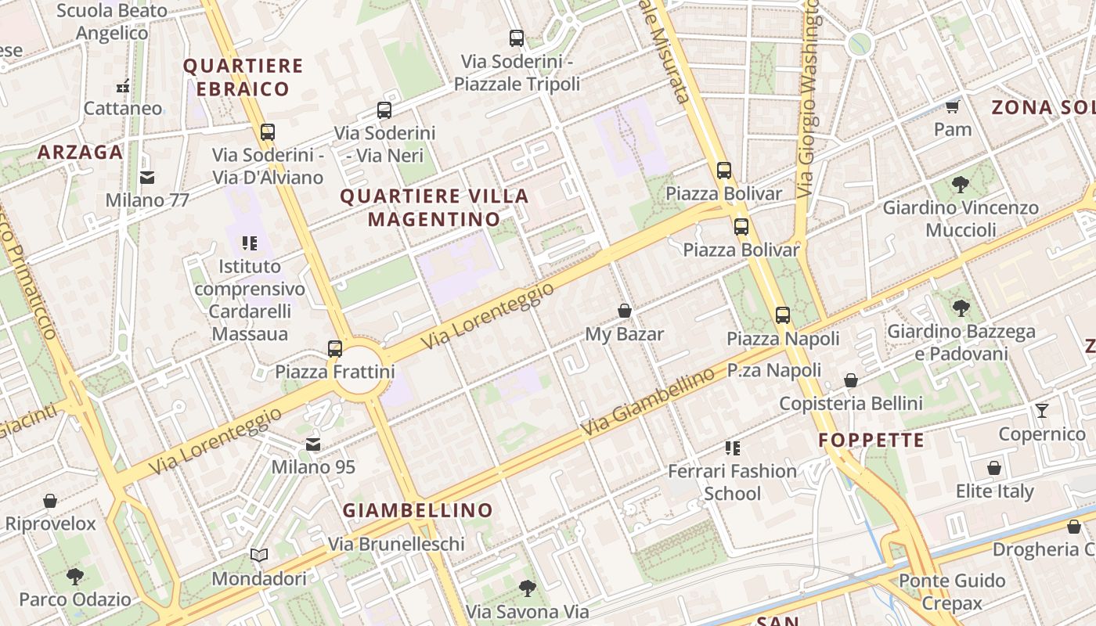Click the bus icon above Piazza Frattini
[335, 348]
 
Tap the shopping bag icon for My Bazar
[625, 311]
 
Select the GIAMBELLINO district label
[418, 510]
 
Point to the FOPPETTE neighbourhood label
[871, 441]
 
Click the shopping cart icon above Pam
[953, 106]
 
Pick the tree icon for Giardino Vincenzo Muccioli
[961, 185]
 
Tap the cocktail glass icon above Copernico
[1041, 410]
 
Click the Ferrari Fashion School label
[732, 482]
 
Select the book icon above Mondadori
[259, 555]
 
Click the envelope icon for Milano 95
[313, 444]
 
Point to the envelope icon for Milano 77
[147, 178]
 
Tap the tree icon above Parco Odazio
[75, 577]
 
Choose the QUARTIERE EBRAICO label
[243, 77]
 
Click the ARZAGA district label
[81, 152]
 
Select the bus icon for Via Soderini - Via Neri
[384, 110]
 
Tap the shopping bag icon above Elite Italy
[994, 468]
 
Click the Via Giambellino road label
[648, 402]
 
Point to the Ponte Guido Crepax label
[952, 592]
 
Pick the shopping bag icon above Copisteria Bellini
[851, 380]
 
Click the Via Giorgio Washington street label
[807, 98]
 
